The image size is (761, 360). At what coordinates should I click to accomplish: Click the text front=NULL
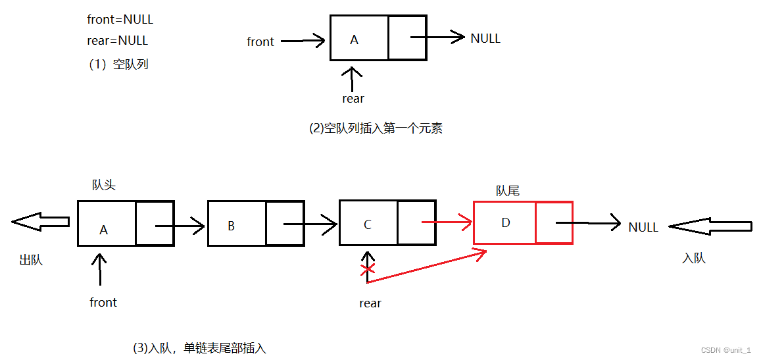(x=120, y=20)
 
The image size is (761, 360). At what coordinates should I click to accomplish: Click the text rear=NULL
(x=117, y=41)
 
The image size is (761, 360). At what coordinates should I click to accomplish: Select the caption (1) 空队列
(x=119, y=64)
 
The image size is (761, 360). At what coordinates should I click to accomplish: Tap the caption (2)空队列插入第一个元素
(x=376, y=129)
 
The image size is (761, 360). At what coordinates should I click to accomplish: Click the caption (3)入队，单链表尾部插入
(x=199, y=348)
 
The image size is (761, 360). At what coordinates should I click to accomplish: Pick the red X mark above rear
(x=368, y=269)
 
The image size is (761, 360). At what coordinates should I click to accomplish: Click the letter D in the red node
(x=505, y=223)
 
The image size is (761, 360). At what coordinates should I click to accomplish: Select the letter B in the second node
(x=231, y=226)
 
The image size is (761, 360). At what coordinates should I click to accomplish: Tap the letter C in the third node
(x=367, y=225)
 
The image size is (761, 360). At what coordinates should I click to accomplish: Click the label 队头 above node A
(x=104, y=186)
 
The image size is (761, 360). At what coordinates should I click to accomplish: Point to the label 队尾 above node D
(x=507, y=191)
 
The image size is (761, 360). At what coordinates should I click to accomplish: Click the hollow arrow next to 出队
(x=40, y=222)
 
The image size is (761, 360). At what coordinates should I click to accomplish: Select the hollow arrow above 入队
(x=710, y=227)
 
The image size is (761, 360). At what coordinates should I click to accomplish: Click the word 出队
(x=31, y=261)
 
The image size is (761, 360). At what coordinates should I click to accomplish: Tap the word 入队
(x=694, y=259)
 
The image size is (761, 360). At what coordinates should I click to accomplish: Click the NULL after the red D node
(x=643, y=228)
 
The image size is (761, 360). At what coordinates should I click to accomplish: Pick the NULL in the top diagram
(x=485, y=39)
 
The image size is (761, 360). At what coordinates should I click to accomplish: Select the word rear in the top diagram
(x=353, y=99)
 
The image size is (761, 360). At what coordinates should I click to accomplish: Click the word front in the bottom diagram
(x=103, y=303)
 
